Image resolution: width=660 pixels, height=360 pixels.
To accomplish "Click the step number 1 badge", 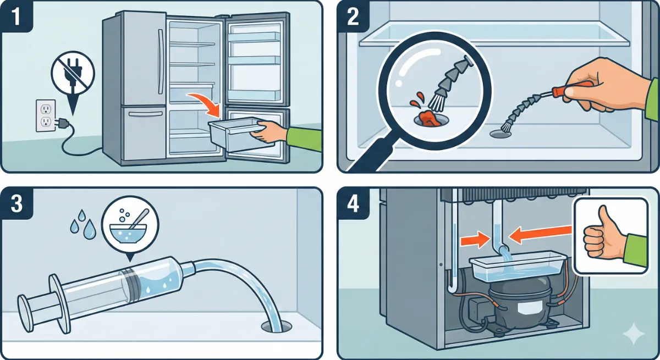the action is point(16,16).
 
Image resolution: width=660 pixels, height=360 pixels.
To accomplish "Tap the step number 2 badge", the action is point(353,16).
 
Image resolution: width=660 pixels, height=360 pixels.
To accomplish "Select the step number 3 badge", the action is point(16,203).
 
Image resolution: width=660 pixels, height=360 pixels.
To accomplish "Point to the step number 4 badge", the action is point(353,203).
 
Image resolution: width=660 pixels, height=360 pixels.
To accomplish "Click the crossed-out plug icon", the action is point(73,75).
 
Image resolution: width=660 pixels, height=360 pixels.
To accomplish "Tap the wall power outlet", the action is point(46,115).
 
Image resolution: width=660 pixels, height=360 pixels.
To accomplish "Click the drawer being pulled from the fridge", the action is point(236,132).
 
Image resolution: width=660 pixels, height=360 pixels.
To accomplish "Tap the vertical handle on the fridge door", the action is point(161,61).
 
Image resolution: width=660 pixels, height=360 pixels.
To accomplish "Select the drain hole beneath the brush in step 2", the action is point(501,134).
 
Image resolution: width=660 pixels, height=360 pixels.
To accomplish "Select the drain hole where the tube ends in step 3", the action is point(276,326).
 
